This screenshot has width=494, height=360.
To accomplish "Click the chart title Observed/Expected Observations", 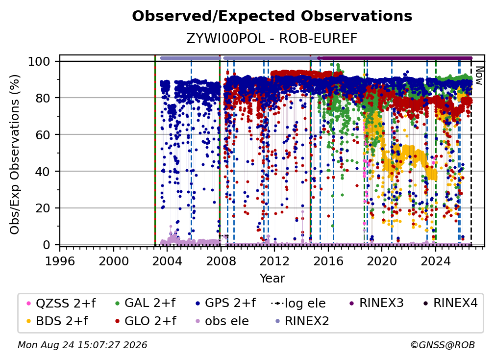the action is pos(272,16).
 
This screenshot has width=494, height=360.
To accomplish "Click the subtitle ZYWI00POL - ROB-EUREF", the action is pos(272,38).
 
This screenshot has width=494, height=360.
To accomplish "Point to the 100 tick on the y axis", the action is pos(39,61).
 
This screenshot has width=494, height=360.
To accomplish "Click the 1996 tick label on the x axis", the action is pos(60,261).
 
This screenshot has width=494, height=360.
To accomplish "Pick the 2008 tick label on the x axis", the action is pos(221,261).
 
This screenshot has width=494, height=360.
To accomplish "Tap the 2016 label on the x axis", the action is pos(328,261).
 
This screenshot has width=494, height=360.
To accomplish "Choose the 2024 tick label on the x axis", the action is pos(436,261).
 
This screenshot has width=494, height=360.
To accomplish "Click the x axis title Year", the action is pos(272,279).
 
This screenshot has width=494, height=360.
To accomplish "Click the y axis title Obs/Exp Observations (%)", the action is pos(15,154).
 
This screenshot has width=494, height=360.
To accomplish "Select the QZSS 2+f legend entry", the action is pos(61,303).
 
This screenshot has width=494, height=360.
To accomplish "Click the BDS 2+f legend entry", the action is pos(57,321).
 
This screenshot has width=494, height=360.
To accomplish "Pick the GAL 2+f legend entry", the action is pos(145,303).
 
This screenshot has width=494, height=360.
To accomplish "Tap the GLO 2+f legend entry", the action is pos(146,321).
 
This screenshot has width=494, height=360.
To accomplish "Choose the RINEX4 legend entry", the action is pos(450,303).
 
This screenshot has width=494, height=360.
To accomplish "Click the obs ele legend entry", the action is pos(220,321).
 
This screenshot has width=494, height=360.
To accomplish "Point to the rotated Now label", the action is pos(479,76).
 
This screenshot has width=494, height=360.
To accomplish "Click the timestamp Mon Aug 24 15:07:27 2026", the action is pos(82,345).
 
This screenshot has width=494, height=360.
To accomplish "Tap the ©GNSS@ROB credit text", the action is pos(443,345).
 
